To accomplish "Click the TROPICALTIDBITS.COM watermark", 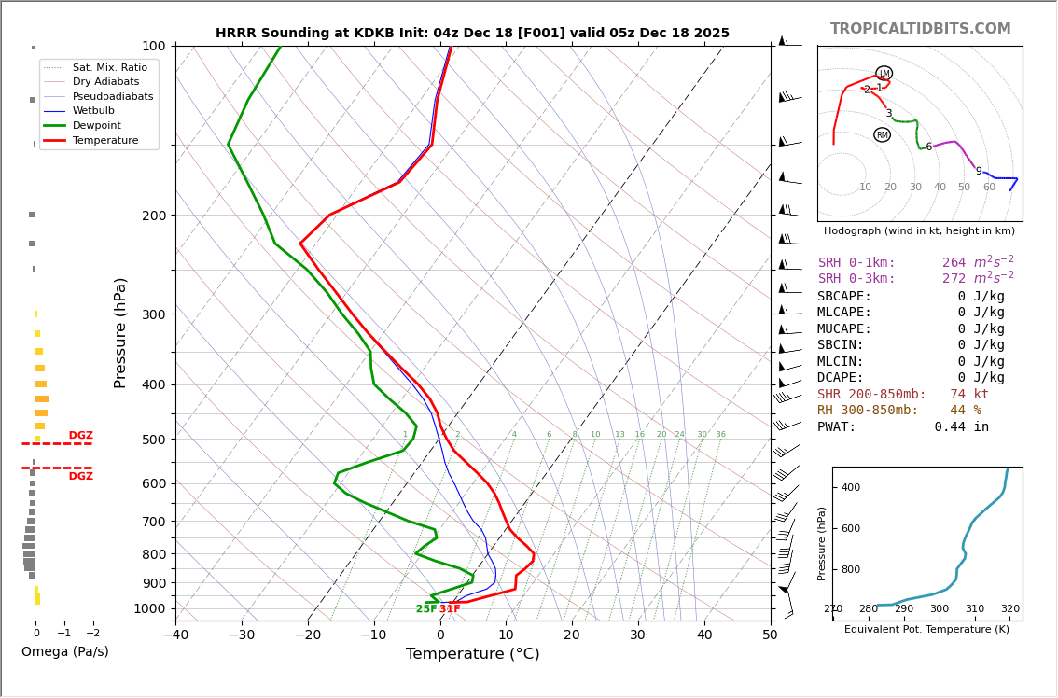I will (920, 29).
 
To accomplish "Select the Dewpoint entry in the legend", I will (97, 126).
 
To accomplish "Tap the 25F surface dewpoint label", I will (425, 609).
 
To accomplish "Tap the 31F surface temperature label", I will (450, 609).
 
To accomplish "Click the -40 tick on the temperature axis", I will (175, 635).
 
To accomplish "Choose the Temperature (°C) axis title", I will (472, 654).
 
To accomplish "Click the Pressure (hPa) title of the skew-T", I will (120, 332).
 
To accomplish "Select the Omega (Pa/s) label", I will (64, 652).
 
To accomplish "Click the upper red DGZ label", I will (80, 436).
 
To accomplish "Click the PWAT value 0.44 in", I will (961, 427).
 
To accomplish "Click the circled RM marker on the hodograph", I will (882, 135).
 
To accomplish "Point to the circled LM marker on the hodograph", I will (884, 73).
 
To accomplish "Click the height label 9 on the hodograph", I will (979, 172).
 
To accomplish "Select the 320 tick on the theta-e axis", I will (1010, 609).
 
